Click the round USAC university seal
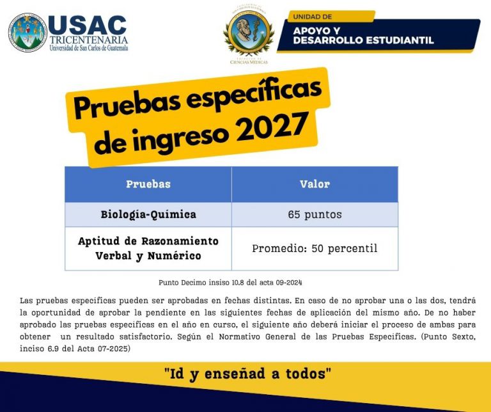[x=28, y=32]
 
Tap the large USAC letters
[x=88, y=25]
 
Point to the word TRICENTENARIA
[x=89, y=40]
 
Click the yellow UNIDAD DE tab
[x=331, y=17]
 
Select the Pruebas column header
[x=148, y=184]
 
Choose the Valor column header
[x=315, y=184]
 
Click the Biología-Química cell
[x=148, y=214]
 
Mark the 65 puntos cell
[x=315, y=214]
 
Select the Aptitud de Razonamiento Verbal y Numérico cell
[x=148, y=248]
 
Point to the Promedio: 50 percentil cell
[x=315, y=248]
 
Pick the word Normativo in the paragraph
[x=242, y=337]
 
